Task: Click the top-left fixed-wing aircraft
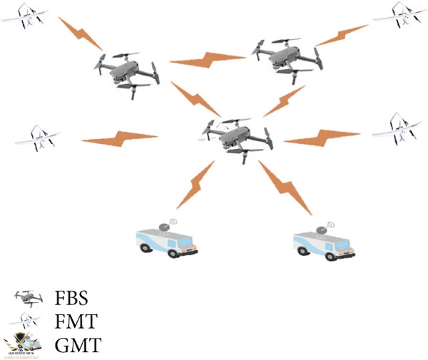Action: [26, 16]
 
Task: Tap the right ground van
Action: [324, 242]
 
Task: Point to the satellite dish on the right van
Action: [329, 227]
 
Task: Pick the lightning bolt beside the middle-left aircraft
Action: [118, 137]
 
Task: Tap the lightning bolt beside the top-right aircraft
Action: [341, 34]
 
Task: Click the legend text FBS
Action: [73, 297]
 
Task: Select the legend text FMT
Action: [75, 322]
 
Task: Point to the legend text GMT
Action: [77, 346]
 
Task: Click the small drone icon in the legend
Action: [26, 297]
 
